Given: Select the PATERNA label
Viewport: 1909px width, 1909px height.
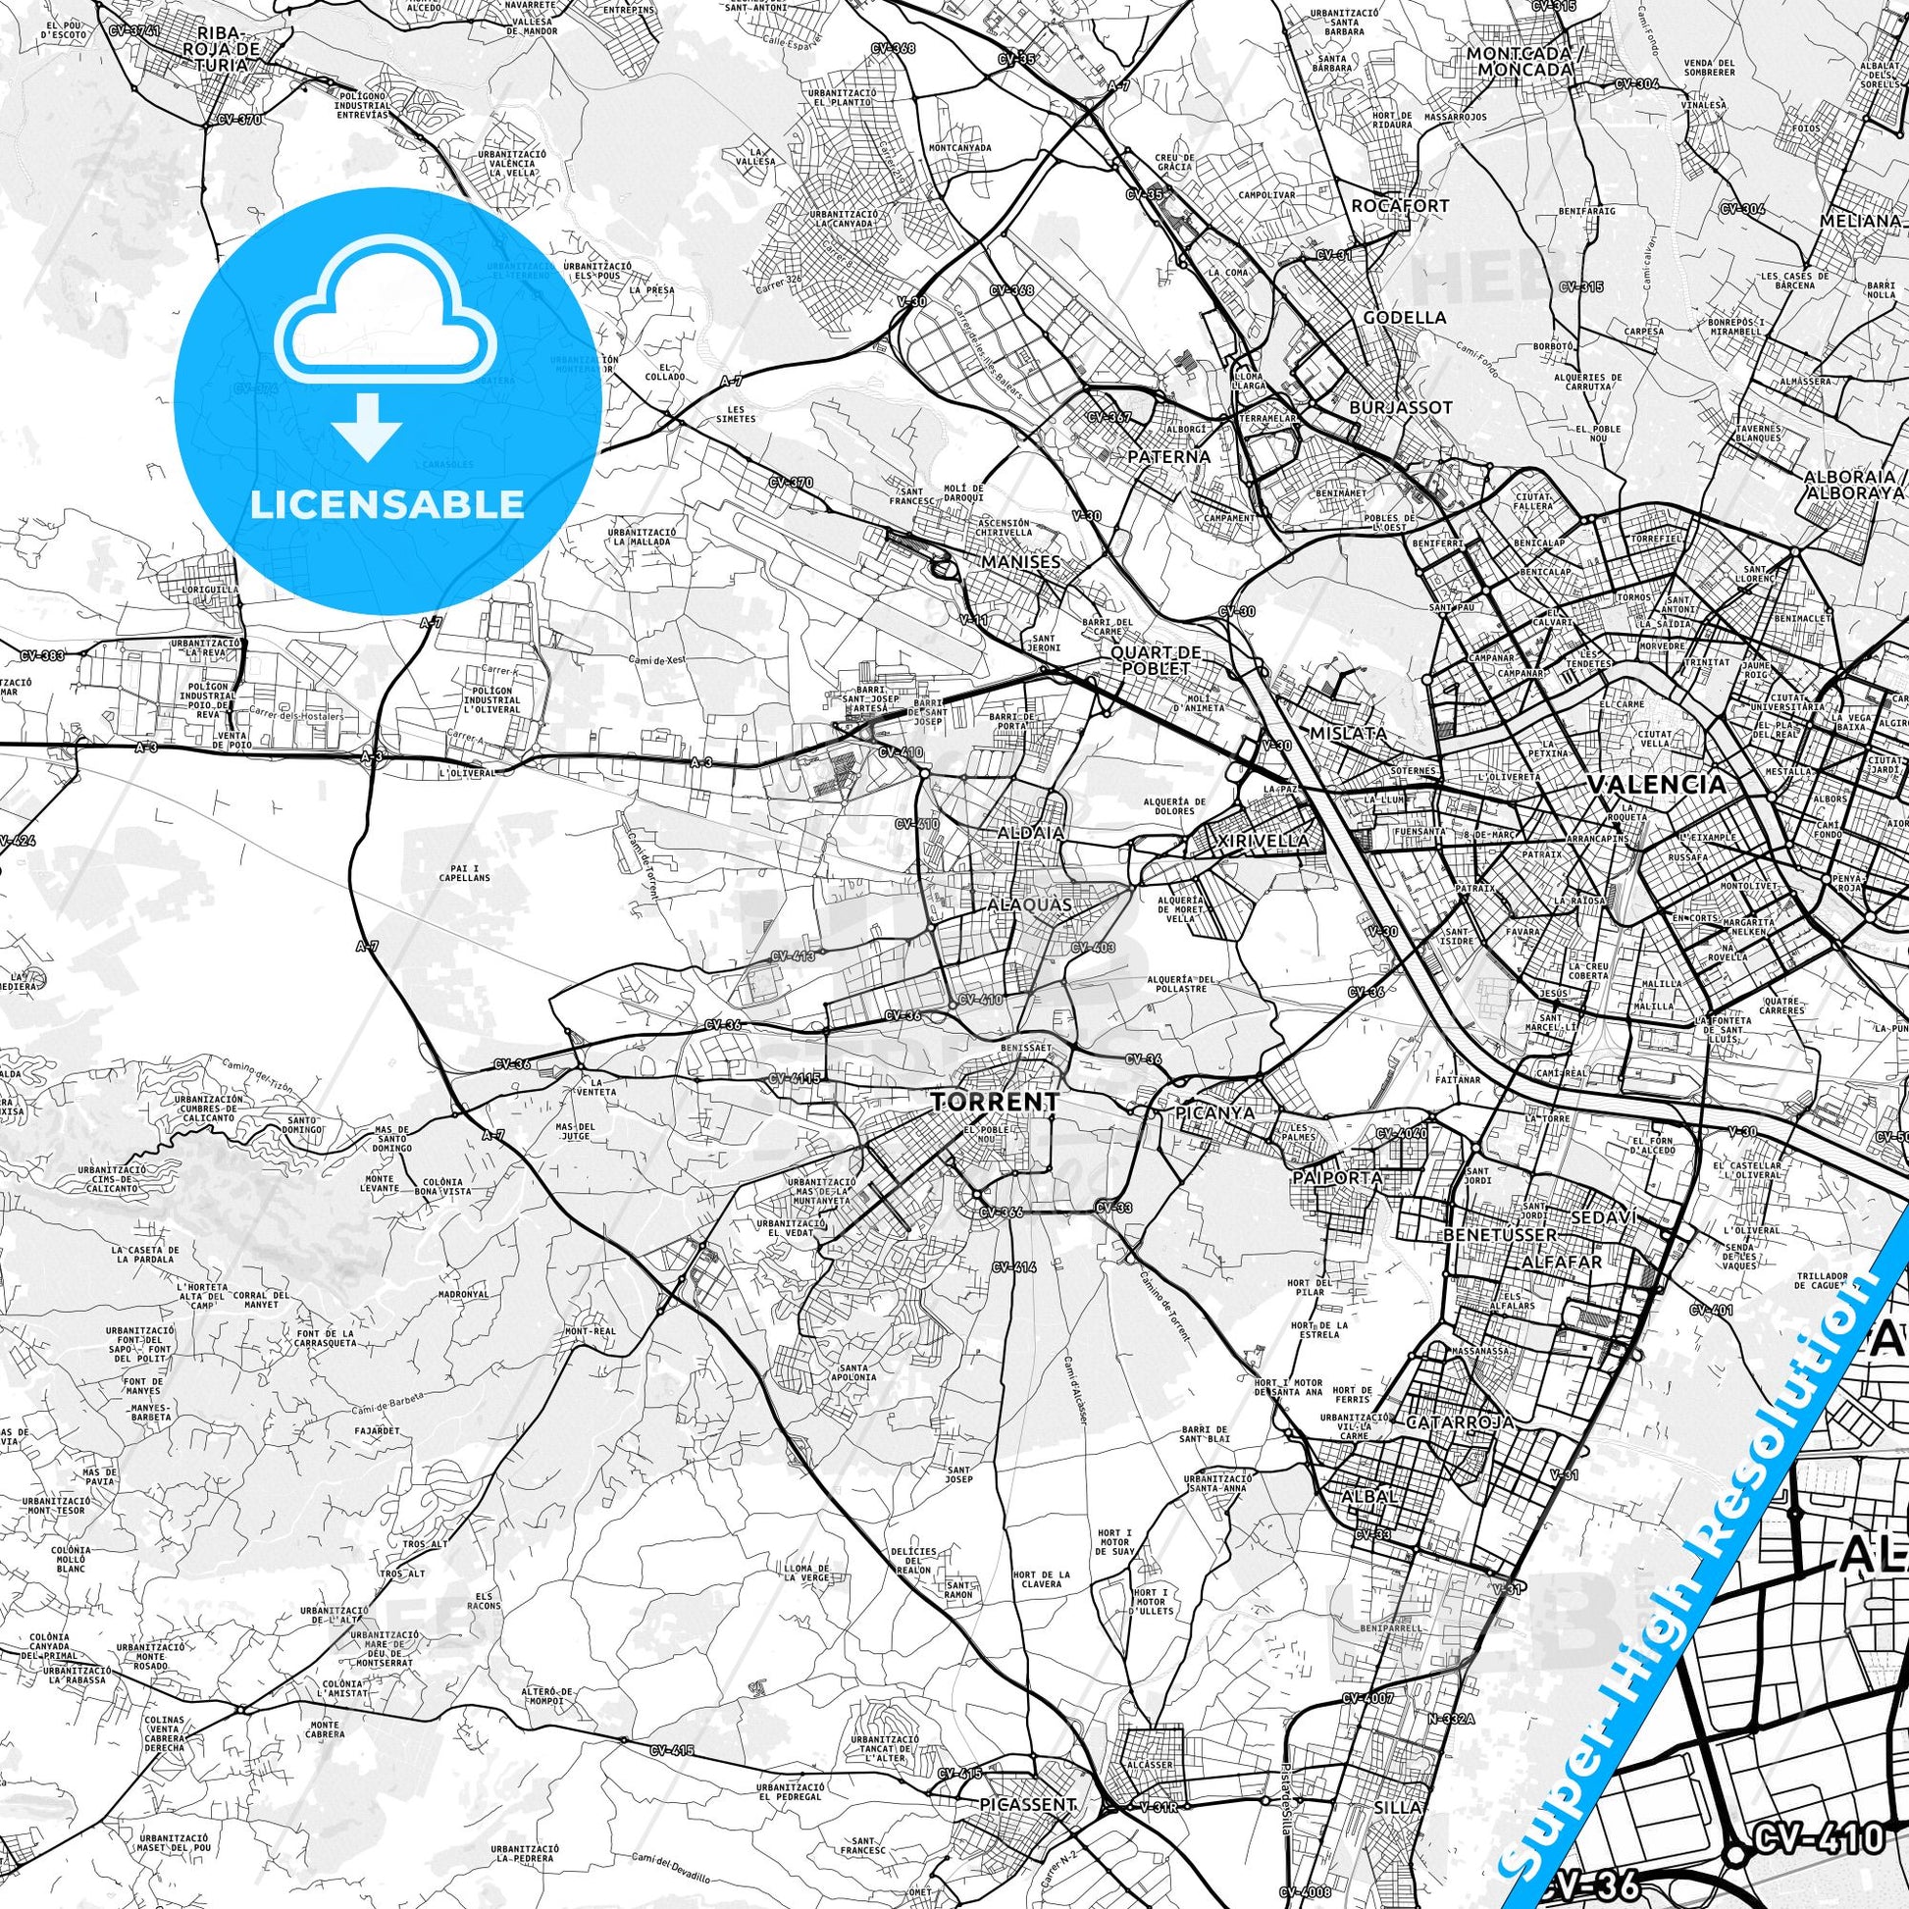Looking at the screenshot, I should click(x=1169, y=456).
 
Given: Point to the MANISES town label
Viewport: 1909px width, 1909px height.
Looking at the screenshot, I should click(x=1021, y=561).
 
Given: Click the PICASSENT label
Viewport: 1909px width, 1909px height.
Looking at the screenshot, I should click(x=1028, y=1804).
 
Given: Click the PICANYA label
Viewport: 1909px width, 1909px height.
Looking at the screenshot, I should click(x=1215, y=1112).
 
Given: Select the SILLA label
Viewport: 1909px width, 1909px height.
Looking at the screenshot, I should click(x=1396, y=1806).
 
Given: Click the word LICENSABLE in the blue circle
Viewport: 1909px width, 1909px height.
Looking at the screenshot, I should click(x=387, y=504).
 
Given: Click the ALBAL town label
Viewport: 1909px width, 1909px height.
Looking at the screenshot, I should click(x=1369, y=1496).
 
